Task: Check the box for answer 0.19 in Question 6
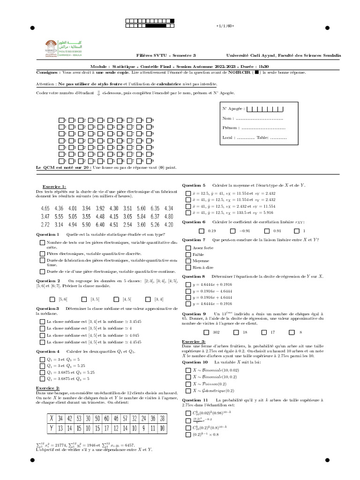tap(202, 231)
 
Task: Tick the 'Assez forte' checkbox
tap(188, 247)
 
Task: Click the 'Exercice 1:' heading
tap(54, 187)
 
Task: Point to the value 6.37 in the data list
tap(155, 216)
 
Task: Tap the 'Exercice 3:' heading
tap(194, 342)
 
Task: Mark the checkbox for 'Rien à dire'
tap(188, 267)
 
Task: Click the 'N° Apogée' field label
tap(233, 109)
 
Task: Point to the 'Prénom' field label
tap(230, 127)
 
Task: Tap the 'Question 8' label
tap(194, 277)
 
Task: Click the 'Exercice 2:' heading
tap(48, 388)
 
